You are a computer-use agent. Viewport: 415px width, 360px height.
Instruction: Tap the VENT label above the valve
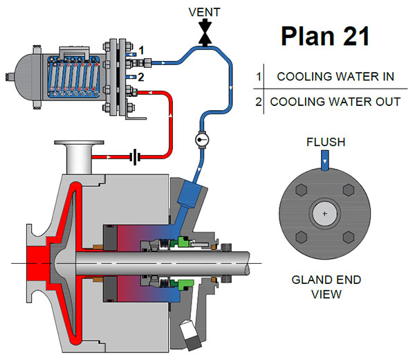pyautogui.click(x=205, y=12)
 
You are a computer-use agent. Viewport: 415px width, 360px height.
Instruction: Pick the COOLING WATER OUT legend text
pyautogui.click(x=335, y=102)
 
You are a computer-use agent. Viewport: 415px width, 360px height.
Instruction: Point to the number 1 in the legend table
pyautogui.click(x=258, y=77)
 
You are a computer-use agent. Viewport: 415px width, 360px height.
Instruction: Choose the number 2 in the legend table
pyautogui.click(x=258, y=102)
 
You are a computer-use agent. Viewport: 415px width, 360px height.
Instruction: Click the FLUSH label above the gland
pyautogui.click(x=325, y=144)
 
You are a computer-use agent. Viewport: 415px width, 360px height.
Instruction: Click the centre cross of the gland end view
pyautogui.click(x=324, y=214)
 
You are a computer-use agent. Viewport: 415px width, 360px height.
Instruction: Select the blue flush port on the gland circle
pyautogui.click(x=325, y=163)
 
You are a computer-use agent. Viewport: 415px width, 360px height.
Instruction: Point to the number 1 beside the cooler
pyautogui.click(x=140, y=51)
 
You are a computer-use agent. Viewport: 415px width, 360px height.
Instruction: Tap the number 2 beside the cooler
pyautogui.click(x=140, y=77)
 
